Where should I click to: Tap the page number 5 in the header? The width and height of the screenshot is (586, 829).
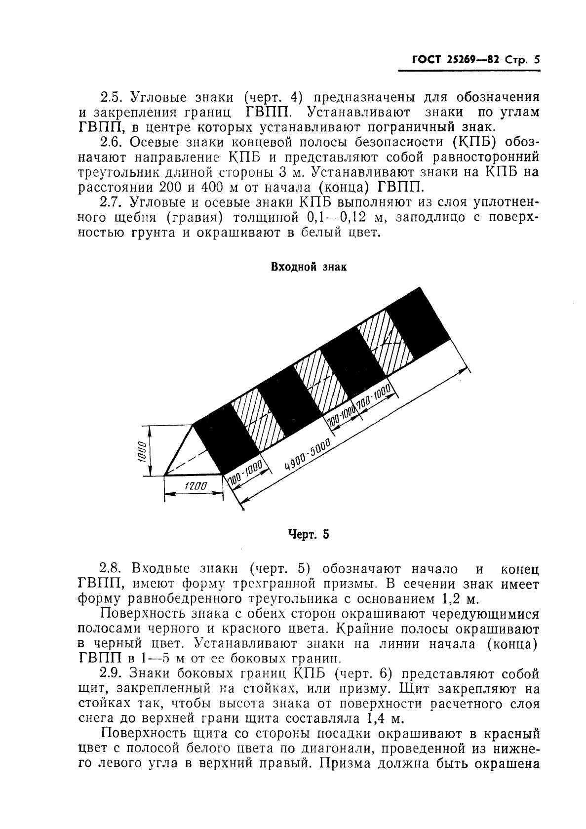537,60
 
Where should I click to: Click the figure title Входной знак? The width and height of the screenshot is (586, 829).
309,267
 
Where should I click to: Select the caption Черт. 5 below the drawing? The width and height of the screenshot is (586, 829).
308,534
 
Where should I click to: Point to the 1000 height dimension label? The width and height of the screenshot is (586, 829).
142,450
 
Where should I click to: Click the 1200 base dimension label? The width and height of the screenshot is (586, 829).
195,486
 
